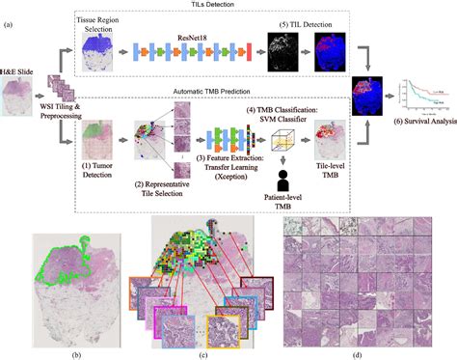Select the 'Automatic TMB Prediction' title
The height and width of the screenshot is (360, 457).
[x=224, y=93]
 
